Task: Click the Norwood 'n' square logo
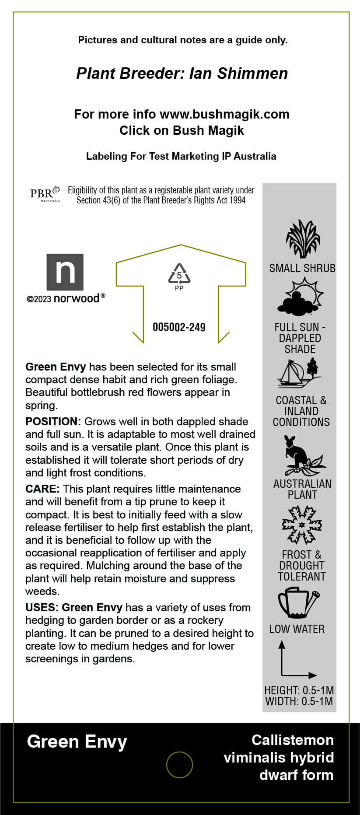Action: coord(65,272)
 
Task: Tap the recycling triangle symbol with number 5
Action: coord(179,274)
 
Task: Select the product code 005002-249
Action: coord(179,327)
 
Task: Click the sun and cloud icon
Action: coord(301,297)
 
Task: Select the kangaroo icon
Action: coord(302,456)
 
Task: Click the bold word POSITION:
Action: coord(53,422)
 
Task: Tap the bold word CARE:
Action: coord(42,489)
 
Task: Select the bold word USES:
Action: coord(42,608)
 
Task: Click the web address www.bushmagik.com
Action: coord(224,115)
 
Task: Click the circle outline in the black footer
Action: coord(179,765)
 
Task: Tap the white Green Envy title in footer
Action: coord(77,742)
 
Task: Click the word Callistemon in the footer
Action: coord(293,740)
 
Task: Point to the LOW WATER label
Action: coord(297,629)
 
